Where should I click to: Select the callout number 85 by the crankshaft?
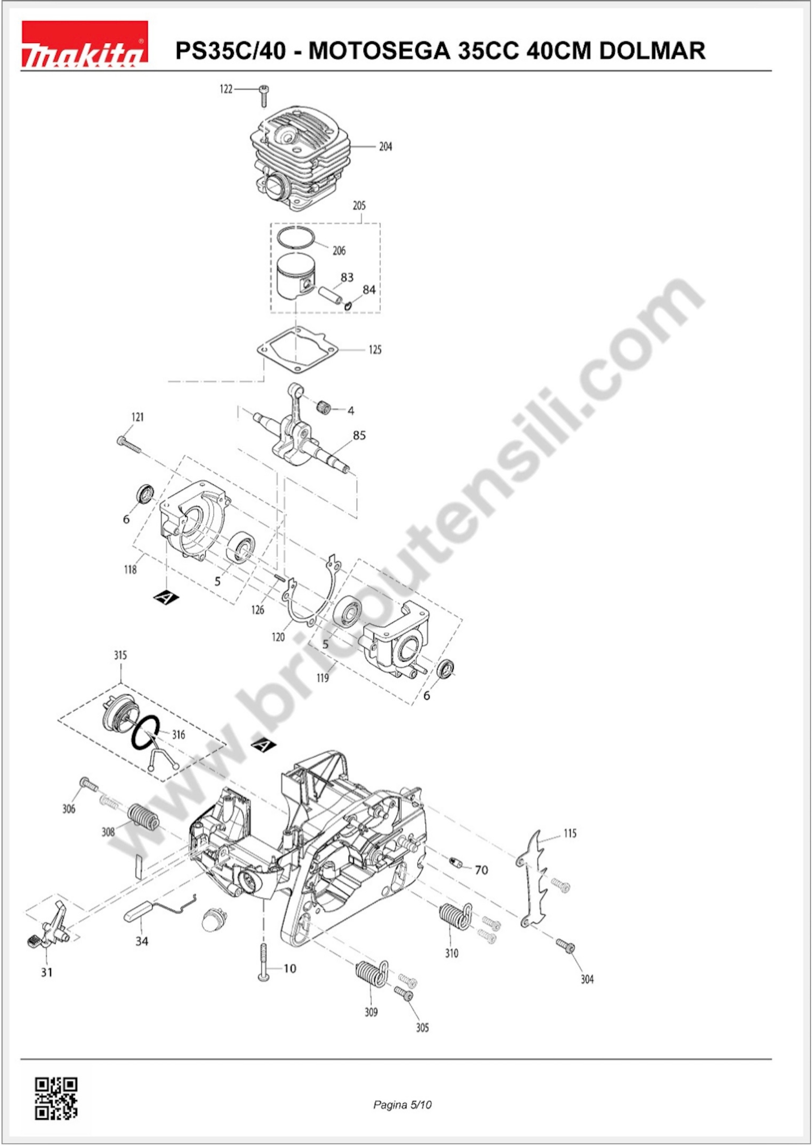tap(359, 436)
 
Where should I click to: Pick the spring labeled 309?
tap(371, 975)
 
